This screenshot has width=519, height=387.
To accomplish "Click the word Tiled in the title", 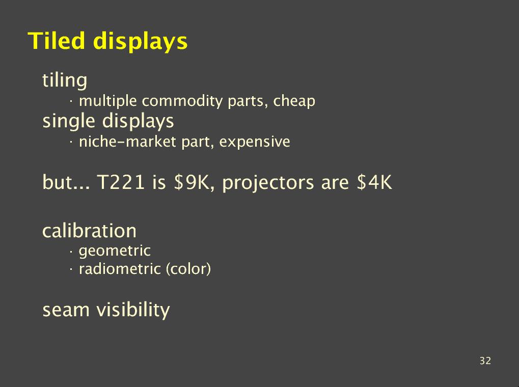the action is tap(56, 41).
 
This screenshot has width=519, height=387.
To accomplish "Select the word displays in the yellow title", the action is tap(141, 42).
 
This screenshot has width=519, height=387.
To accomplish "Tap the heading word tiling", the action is tap(65, 80).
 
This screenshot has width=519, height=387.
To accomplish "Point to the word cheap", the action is tap(294, 101).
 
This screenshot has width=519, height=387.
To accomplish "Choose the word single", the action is tap(69, 121).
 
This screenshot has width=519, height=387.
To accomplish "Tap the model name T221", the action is tap(121, 182).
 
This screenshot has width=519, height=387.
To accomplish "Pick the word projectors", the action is tap(268, 183).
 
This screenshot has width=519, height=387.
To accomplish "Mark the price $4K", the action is tap(374, 182).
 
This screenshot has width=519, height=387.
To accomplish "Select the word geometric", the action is tap(115, 251).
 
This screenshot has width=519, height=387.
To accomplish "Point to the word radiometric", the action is tap(120, 269).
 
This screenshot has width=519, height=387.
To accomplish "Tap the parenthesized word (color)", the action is tap(188, 269).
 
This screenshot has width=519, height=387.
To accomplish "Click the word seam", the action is tap(66, 311).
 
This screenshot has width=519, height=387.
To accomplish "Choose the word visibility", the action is tap(133, 310).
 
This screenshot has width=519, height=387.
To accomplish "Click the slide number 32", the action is tap(485, 361).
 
